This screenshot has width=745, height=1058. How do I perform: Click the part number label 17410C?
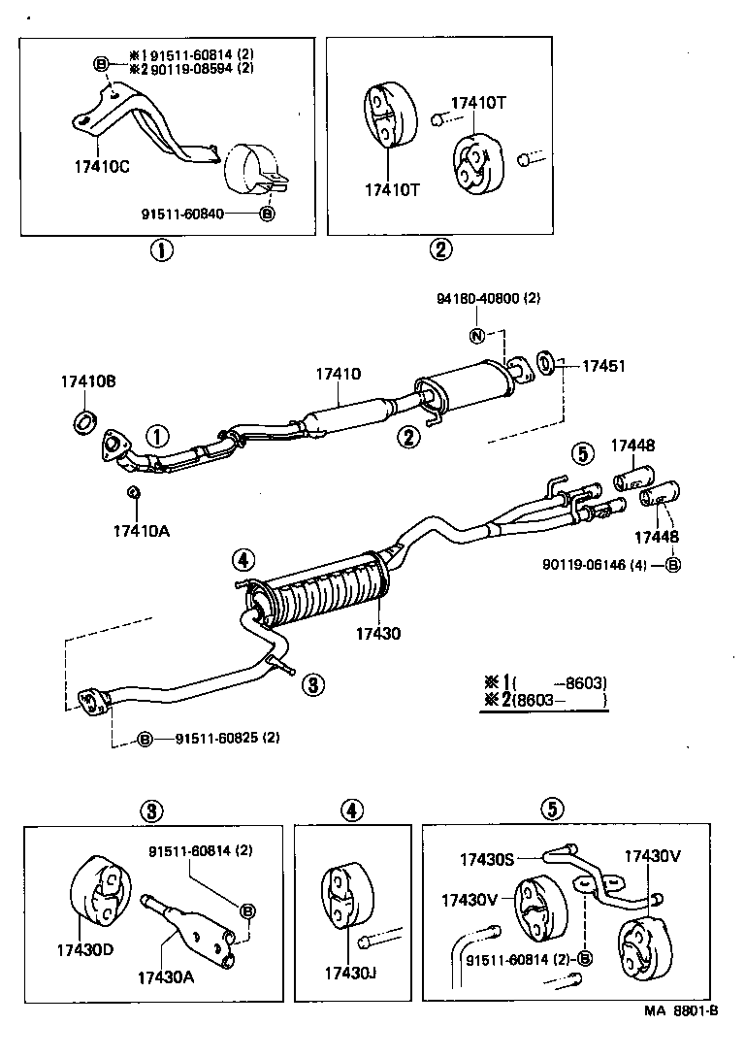point(102,166)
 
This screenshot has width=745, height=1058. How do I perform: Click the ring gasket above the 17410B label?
point(85,420)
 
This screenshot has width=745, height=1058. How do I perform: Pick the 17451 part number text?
point(602,366)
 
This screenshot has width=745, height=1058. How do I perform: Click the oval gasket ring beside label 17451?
point(545,365)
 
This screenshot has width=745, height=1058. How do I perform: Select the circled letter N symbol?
point(476,336)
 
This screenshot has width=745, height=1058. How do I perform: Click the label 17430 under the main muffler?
point(378,633)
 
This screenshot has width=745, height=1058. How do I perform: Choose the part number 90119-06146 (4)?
point(599,563)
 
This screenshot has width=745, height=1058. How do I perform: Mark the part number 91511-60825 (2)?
point(227,738)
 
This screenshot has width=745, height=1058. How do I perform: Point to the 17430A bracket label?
point(166,977)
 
